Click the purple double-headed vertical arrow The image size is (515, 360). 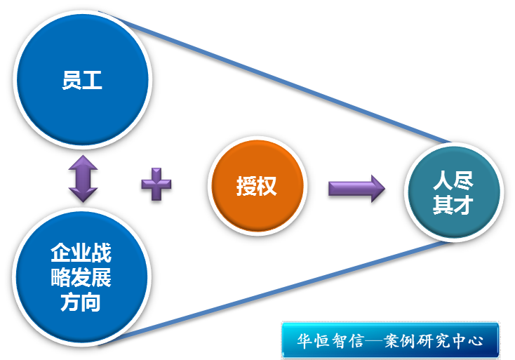pyautogui.click(x=82, y=179)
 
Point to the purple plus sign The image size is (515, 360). pyautogui.click(x=156, y=186)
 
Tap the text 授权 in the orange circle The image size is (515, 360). pyautogui.click(x=256, y=187)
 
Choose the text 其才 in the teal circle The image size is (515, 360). pyautogui.click(x=453, y=206)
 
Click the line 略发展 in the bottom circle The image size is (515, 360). pyautogui.click(x=81, y=278)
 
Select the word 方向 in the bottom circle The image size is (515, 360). pyautogui.click(x=81, y=303)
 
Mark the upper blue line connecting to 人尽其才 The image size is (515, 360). pyautogui.click(x=281, y=78)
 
